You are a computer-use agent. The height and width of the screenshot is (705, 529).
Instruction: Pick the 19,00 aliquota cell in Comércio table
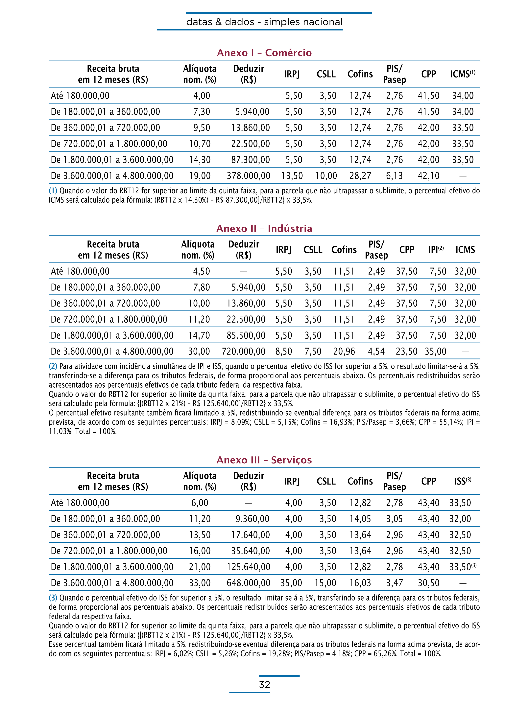point(200,176)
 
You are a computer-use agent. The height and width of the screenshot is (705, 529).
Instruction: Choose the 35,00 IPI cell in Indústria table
point(436,351)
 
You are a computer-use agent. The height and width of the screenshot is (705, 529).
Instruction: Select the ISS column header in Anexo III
point(462,481)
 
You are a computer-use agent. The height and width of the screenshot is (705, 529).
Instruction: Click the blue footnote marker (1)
point(53,191)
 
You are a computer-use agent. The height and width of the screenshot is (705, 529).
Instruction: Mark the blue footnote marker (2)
point(53,366)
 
